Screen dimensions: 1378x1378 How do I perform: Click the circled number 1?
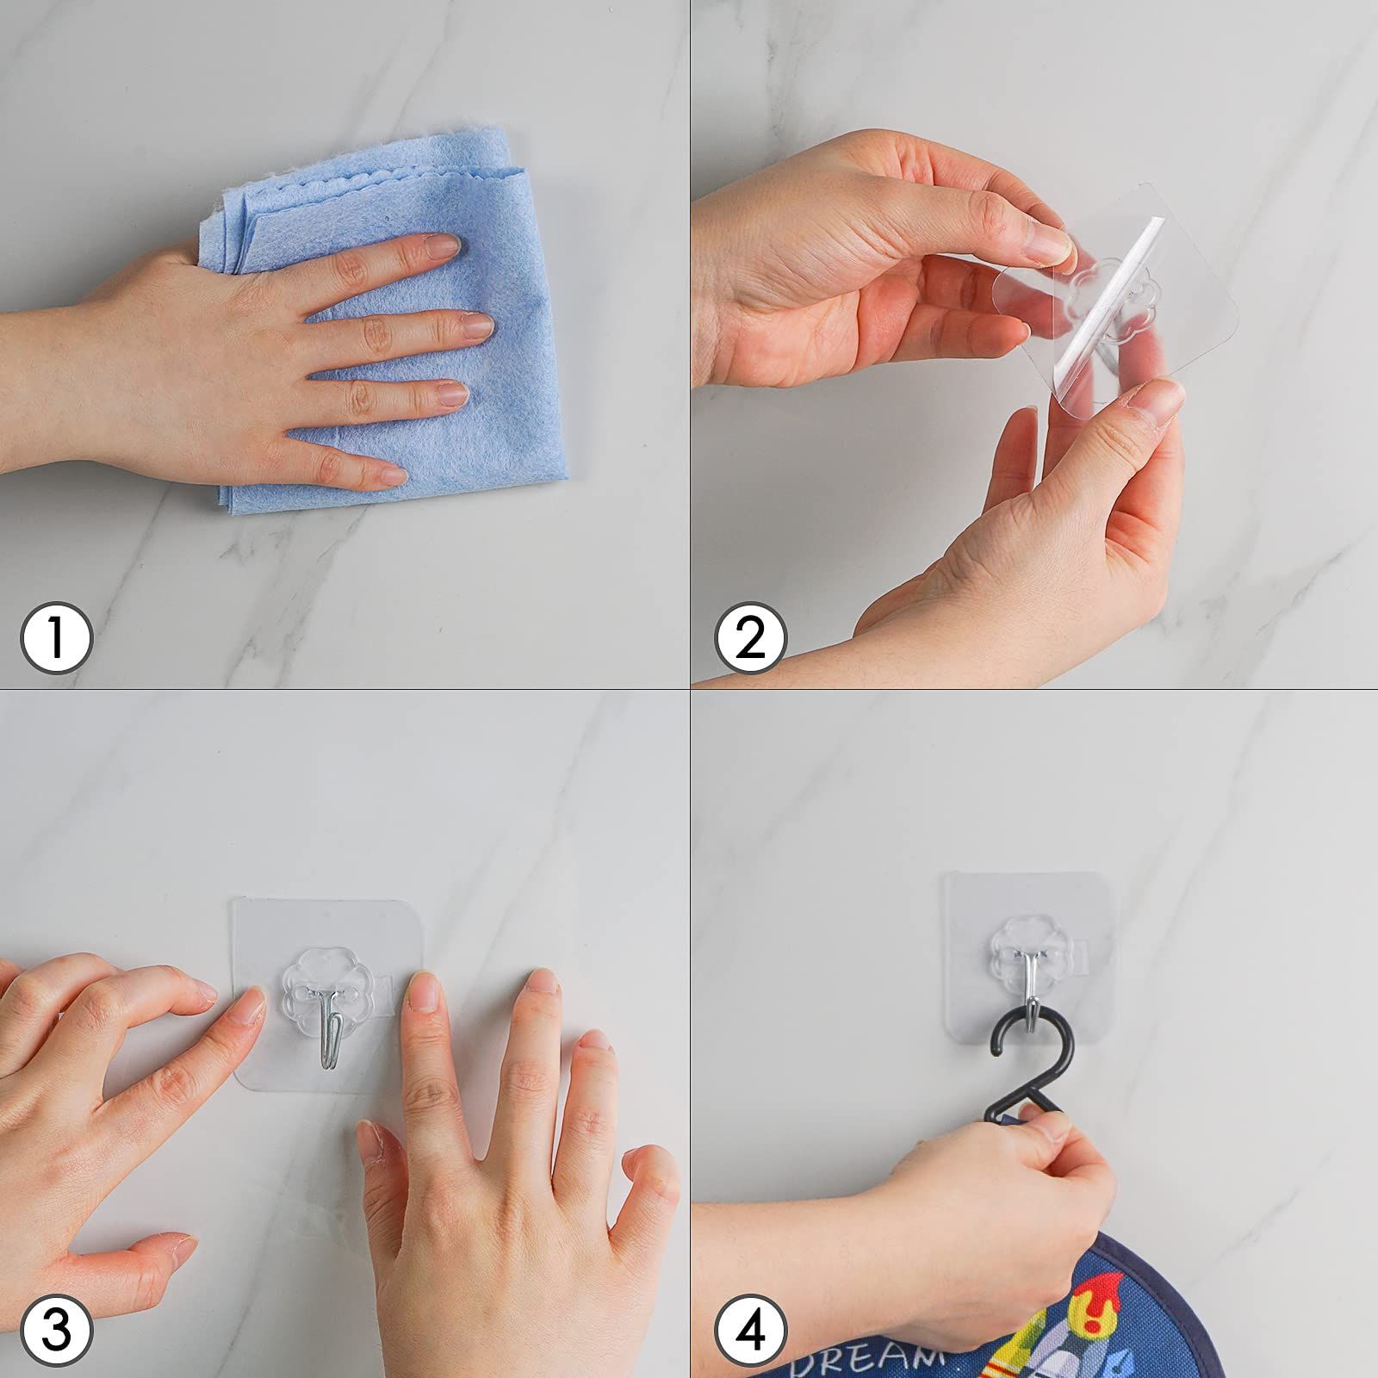pos(56,638)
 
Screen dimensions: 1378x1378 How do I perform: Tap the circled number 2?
pos(751,638)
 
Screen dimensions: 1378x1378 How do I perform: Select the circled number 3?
pos(56,1331)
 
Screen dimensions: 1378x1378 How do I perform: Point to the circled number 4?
pos(751,1331)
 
